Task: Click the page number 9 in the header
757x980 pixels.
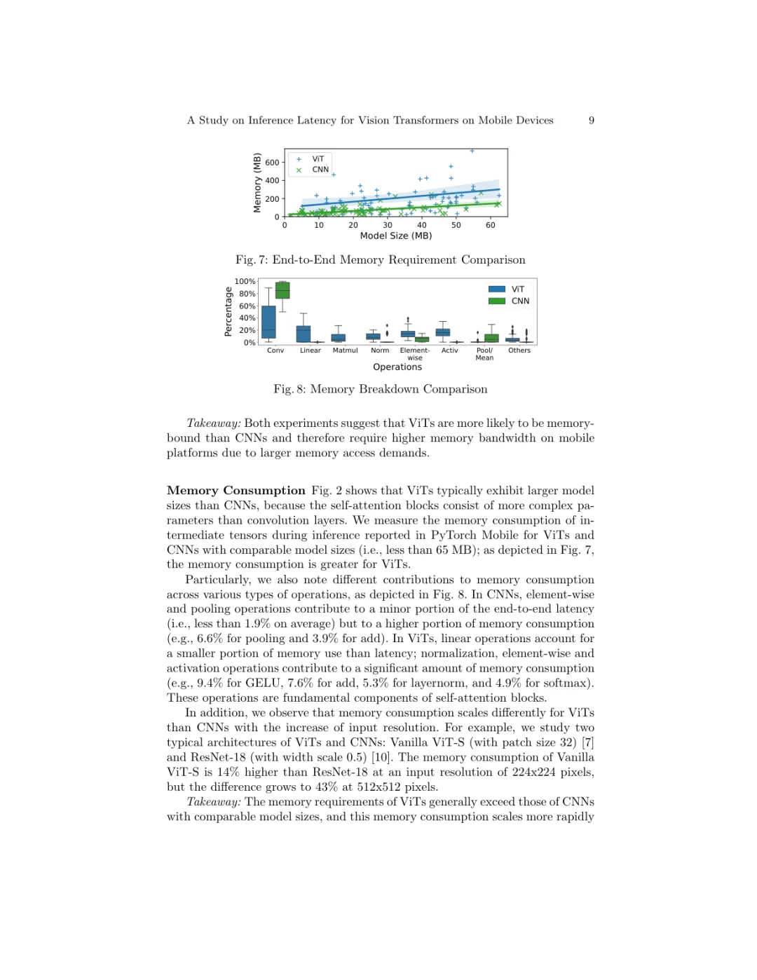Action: (592, 121)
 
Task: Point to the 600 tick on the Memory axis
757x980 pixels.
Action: (272, 163)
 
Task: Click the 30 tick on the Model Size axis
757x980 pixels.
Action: (388, 225)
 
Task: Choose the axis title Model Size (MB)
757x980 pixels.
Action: (396, 236)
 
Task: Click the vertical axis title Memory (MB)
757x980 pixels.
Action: (257, 183)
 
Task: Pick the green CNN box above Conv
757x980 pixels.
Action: (282, 290)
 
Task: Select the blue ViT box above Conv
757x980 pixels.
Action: (268, 322)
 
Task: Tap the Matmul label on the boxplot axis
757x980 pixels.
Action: (345, 351)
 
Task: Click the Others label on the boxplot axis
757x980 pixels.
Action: (519, 351)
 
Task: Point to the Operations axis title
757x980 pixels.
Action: (397, 367)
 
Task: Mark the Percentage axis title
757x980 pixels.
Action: (229, 312)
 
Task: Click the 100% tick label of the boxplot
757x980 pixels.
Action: (245, 282)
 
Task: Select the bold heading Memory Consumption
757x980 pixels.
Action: (236, 491)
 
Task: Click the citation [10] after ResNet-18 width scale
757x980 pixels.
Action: (381, 757)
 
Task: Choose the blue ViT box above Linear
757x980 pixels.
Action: (304, 334)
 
